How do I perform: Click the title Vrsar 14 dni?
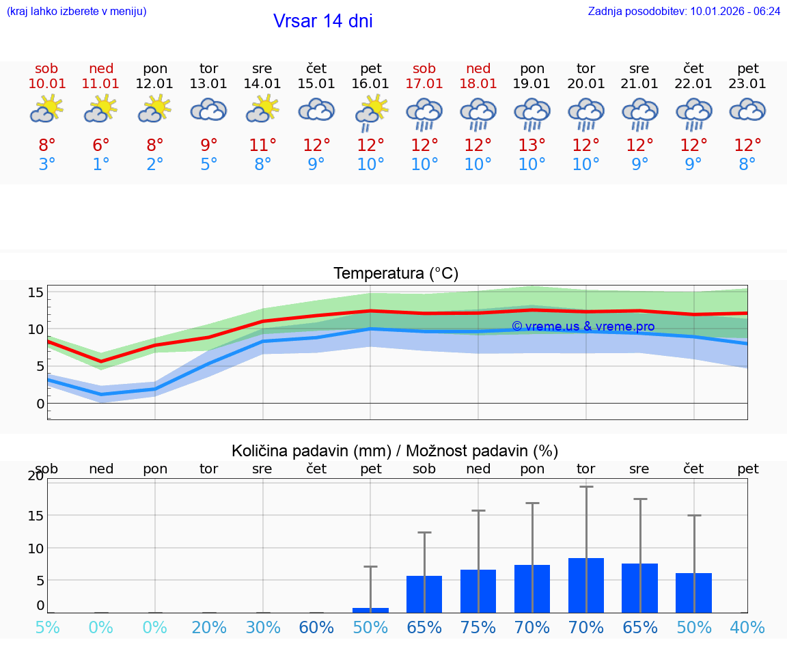322,21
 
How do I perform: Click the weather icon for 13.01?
208,110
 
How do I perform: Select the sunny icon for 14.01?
262,109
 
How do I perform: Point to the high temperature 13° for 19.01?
531,145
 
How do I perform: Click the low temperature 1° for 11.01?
100,165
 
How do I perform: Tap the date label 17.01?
424,84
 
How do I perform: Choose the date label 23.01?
747,84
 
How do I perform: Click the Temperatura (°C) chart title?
396,274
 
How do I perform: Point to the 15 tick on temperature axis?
36,292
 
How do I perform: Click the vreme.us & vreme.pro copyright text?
583,327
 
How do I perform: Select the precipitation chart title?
395,451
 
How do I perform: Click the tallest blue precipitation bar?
586,585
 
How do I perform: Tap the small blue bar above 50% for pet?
370,610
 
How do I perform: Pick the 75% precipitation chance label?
478,628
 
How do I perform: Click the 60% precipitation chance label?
316,628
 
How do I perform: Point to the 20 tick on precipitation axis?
36,476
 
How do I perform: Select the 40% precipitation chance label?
747,628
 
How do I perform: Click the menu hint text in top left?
77,11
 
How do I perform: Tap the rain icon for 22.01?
693,113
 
